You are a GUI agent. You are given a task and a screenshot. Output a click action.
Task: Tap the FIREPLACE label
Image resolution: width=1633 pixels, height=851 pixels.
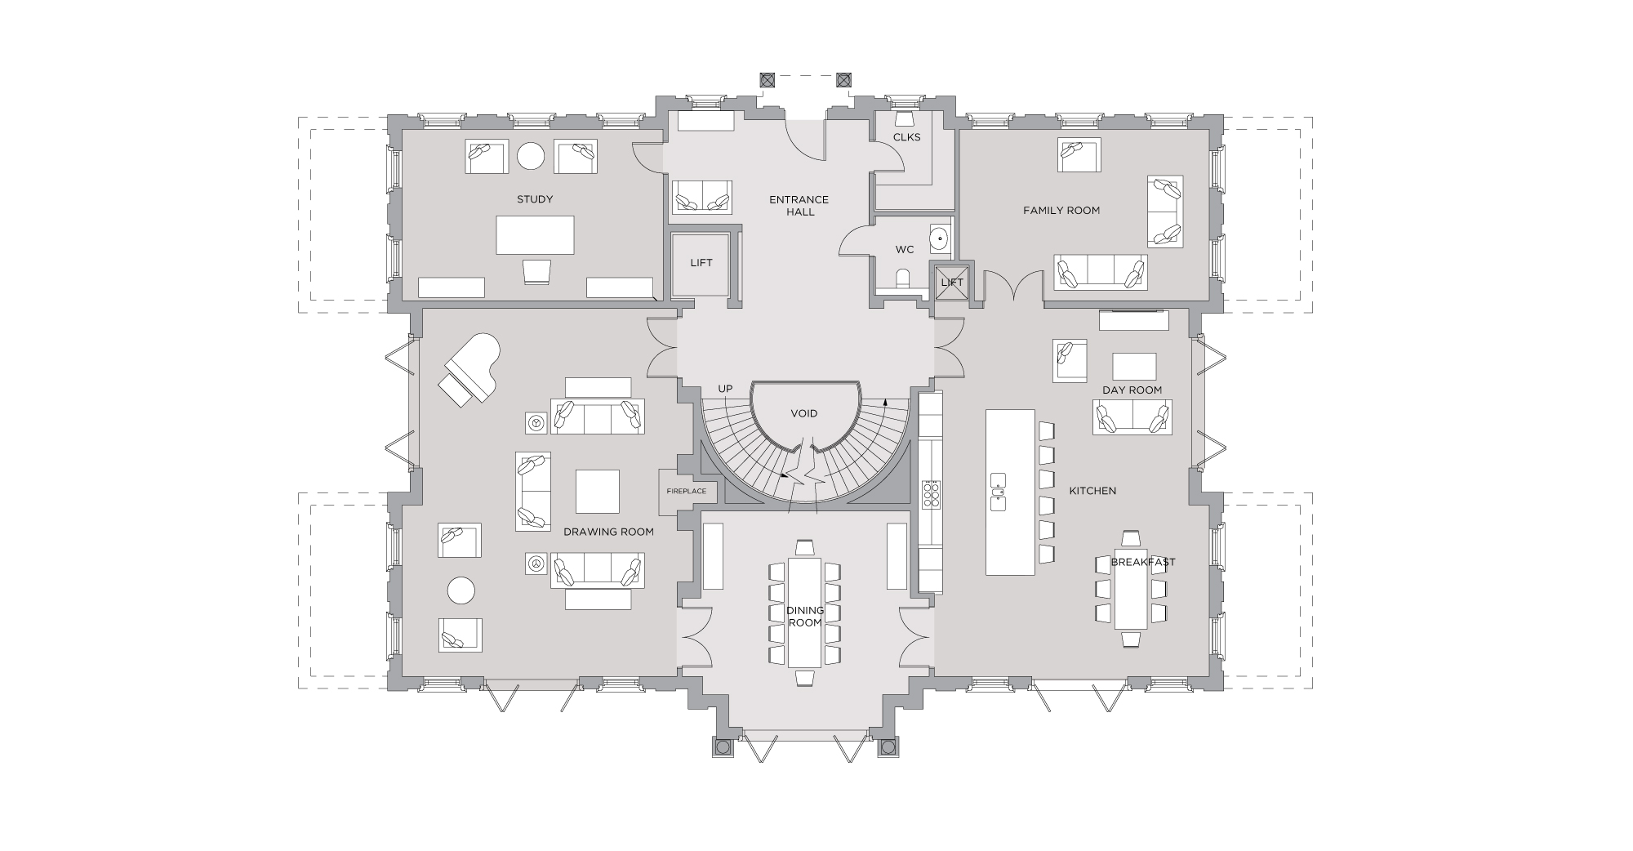click(x=687, y=492)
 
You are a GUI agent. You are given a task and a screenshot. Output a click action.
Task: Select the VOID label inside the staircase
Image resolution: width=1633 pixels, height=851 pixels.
click(x=803, y=414)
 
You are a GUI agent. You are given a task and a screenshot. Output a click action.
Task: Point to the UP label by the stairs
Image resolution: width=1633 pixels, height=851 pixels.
click(x=725, y=389)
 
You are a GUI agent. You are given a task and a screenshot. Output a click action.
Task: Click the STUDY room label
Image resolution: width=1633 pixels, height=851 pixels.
click(x=535, y=199)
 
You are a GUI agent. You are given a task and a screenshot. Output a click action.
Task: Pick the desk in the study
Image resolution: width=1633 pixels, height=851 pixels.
click(x=535, y=235)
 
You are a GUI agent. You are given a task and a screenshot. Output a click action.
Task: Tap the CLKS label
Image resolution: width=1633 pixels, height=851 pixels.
click(x=906, y=137)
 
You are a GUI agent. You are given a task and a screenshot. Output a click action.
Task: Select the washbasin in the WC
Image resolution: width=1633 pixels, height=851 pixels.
click(x=941, y=239)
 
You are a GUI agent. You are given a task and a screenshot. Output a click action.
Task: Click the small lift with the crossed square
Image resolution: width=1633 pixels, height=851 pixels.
click(x=952, y=282)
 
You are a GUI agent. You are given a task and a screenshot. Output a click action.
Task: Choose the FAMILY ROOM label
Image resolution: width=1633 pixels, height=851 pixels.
click(x=1061, y=211)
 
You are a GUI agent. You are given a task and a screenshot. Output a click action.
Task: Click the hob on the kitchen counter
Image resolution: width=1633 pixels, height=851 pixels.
click(x=931, y=494)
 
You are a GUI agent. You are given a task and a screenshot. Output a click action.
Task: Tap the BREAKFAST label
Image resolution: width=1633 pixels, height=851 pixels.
click(x=1143, y=562)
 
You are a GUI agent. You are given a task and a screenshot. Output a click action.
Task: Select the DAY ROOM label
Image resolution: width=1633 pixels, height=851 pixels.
click(x=1132, y=390)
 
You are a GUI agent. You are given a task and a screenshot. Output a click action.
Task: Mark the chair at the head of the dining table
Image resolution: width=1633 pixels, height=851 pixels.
click(x=804, y=546)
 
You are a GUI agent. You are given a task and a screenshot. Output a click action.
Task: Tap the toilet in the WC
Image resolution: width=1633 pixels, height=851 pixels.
click(x=903, y=278)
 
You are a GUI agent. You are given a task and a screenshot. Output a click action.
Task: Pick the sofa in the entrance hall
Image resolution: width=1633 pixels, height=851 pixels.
click(x=701, y=197)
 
